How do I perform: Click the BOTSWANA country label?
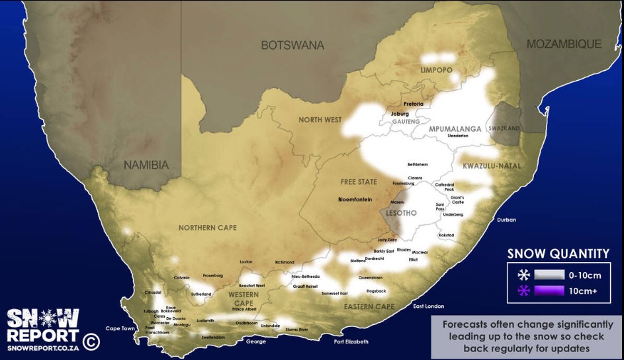292,45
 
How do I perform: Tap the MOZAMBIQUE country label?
564,44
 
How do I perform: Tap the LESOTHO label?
401,213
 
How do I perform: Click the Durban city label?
507,220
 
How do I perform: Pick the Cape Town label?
120,328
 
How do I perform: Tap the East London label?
428,306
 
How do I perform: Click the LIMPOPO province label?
437,69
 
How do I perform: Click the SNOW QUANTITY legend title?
558,253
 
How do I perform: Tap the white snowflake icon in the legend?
523,274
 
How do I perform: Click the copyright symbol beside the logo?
91,341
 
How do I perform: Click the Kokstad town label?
447,235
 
